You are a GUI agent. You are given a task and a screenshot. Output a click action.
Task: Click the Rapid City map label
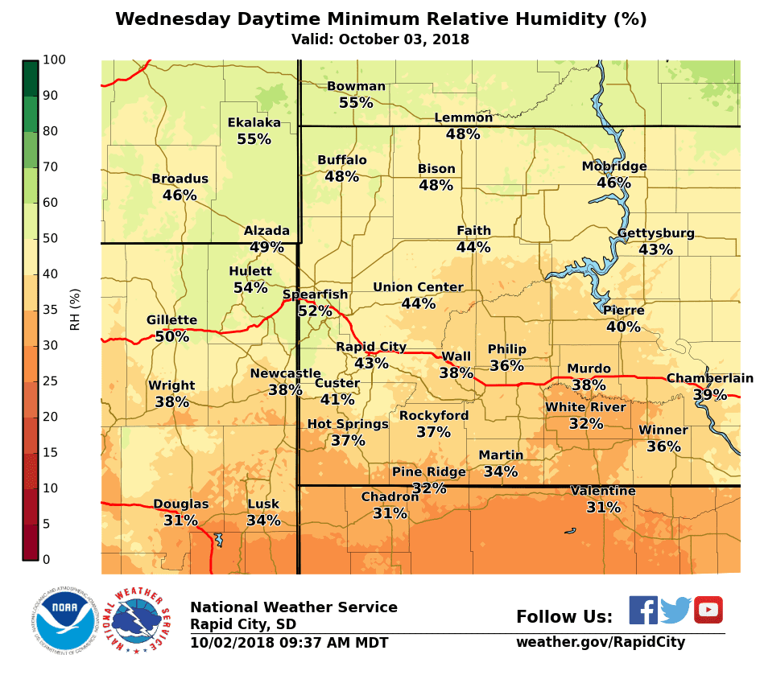371,347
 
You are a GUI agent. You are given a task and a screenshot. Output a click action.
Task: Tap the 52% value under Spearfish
314,311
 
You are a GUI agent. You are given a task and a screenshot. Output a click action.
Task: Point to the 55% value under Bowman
356,103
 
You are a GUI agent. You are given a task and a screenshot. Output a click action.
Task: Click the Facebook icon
643,610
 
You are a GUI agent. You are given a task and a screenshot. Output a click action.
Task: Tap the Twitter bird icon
676,611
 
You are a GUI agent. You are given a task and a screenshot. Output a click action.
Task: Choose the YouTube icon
708,610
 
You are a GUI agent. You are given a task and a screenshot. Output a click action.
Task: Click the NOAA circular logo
65,619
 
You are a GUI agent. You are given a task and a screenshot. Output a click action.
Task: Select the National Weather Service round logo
141,619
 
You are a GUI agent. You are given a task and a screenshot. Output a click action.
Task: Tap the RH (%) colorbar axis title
76,310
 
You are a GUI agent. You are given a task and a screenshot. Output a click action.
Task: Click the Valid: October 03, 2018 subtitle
380,39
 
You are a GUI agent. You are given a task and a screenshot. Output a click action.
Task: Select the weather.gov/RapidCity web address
601,642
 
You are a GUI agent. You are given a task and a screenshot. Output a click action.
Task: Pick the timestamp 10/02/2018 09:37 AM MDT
289,643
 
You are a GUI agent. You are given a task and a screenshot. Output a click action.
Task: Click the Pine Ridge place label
428,471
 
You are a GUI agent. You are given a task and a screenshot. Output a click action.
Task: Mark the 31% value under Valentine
603,508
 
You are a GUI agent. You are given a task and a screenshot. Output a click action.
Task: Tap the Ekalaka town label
254,122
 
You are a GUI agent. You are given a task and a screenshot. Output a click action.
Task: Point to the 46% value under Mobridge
613,183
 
